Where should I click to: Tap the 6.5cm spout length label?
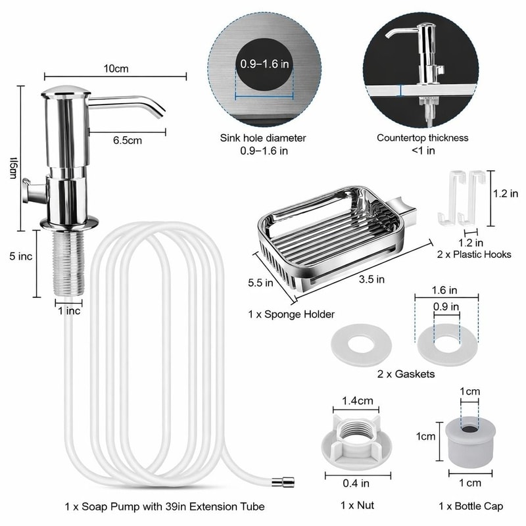point(128,139)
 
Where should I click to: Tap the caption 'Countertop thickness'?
point(422,138)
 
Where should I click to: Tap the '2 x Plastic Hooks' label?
point(473,254)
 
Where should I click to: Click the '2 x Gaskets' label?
point(406,374)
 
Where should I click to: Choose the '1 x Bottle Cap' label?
point(470,506)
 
